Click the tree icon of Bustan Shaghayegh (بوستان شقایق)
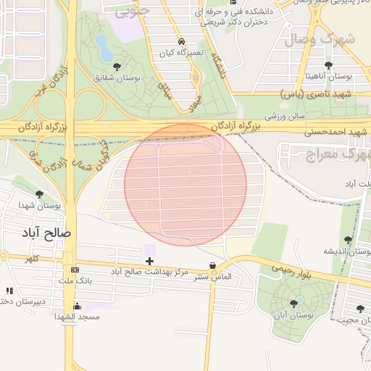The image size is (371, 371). pos(117,67)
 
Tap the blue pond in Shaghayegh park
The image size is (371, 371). pos(104,49)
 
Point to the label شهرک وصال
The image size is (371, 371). pos(320,39)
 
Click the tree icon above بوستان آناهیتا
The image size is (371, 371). pos(329,65)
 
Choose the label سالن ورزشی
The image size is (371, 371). pos(285,114)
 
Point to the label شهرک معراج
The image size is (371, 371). pos(335,154)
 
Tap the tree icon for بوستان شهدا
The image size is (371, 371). pos(39,194)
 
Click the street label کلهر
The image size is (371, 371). pos(32,257)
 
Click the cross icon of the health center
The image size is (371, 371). pos(150,260)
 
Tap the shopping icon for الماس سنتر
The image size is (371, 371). pos(212,266)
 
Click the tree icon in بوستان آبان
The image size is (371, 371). pos(294,304)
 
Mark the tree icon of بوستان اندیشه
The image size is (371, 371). pos(349,239)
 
